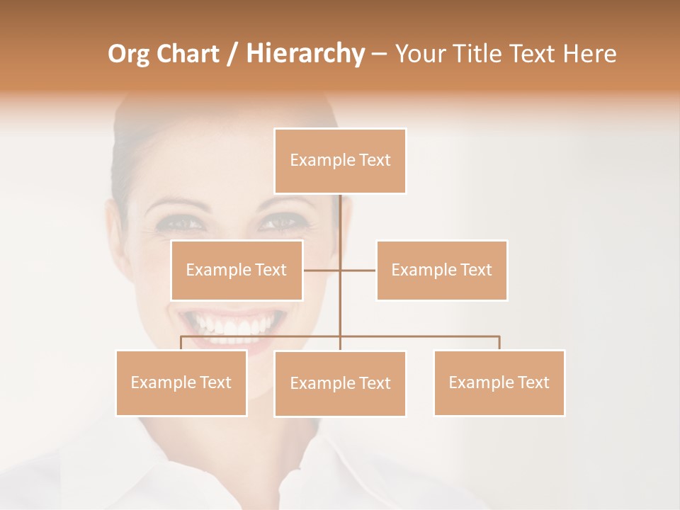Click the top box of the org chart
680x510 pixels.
pos(340,161)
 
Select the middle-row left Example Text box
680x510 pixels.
pos(237,270)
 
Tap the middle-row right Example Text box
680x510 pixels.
pos(441,270)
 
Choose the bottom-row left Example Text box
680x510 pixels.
pos(181,382)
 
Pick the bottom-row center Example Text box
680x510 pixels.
pos(340,383)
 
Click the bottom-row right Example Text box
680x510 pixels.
pos(499,382)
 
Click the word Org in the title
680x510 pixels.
pos(128,54)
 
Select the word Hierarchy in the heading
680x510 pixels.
pos(305,54)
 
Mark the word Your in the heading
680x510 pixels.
pos(420,54)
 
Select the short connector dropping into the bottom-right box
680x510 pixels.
pos(499,343)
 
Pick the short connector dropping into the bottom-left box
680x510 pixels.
pos(181,343)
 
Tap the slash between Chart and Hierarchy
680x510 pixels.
pos(232,54)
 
